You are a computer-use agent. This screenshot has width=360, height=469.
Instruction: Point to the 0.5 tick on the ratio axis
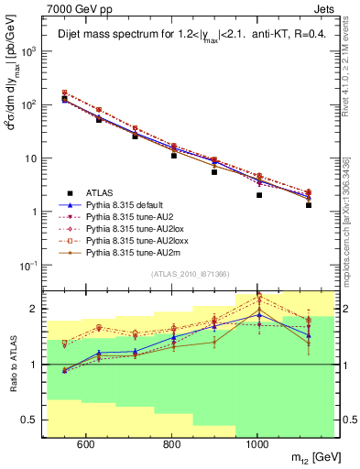(x=30, y=420)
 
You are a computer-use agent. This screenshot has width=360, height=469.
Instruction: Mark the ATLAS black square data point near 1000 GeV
(x=259, y=195)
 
